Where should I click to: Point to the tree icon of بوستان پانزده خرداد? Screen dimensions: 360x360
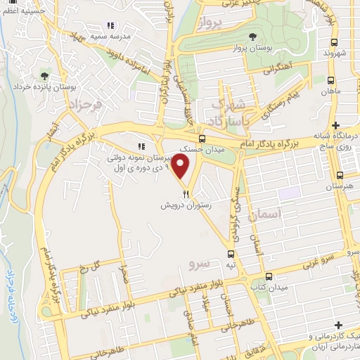[44, 75]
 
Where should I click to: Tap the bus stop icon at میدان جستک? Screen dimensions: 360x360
[202, 139]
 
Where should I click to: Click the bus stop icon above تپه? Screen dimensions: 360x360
[231, 254]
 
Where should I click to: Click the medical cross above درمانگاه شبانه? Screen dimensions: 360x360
[337, 124]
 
